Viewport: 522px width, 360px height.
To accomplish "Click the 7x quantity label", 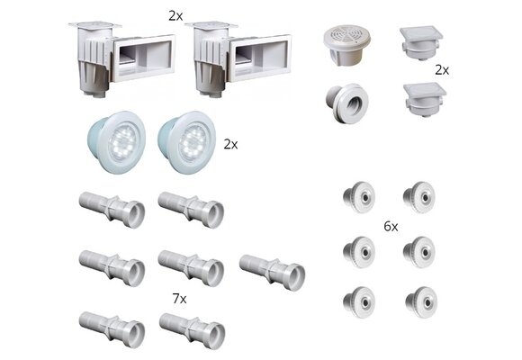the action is point(179,299).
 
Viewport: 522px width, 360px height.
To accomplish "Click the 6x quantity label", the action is point(391,227).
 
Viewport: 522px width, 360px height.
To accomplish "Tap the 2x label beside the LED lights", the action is point(230,145).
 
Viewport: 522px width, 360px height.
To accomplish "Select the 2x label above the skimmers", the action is point(175,16).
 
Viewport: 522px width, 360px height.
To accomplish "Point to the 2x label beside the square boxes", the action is point(442,70).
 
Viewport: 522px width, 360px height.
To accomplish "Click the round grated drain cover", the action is point(346,44).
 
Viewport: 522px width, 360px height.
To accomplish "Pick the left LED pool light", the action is point(116,142).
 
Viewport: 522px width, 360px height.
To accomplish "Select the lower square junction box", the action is point(425,100).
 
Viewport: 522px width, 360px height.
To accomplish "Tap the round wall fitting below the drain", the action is point(346,103).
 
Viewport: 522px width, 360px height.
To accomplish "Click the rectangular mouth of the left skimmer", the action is point(143,58).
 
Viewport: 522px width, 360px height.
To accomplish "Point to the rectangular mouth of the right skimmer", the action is point(260,58).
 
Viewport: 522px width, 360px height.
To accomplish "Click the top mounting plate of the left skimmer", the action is point(95,25).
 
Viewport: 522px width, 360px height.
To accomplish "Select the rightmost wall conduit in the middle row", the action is point(272,273).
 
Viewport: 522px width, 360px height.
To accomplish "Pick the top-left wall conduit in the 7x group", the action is point(112,210).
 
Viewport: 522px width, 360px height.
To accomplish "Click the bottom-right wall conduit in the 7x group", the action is point(192,330).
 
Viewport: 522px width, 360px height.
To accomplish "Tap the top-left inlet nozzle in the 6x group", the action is point(359,197).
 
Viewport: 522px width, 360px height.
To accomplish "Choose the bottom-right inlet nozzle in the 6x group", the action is point(421,302).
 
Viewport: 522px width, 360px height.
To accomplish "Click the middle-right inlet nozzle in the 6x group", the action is point(419,252).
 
